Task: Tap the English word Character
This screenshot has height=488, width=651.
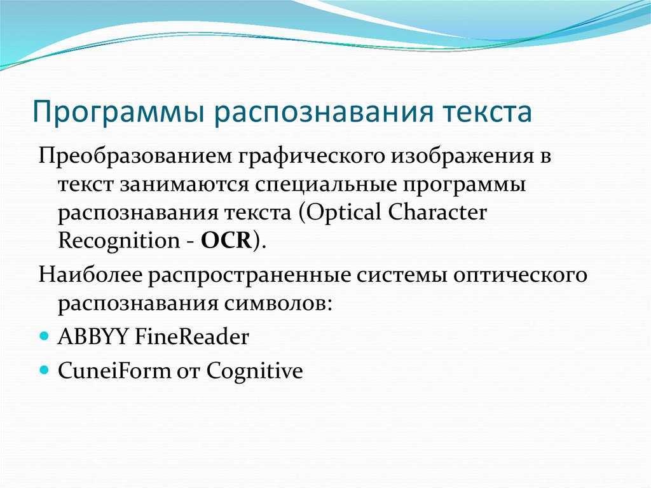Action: point(437,212)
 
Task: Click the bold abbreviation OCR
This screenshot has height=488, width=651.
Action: point(227,241)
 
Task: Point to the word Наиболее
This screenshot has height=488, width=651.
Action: point(90,275)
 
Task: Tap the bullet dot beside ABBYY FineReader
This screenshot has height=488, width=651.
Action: point(44,335)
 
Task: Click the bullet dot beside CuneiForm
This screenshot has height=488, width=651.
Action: point(44,369)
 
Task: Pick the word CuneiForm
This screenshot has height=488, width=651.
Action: point(114,370)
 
